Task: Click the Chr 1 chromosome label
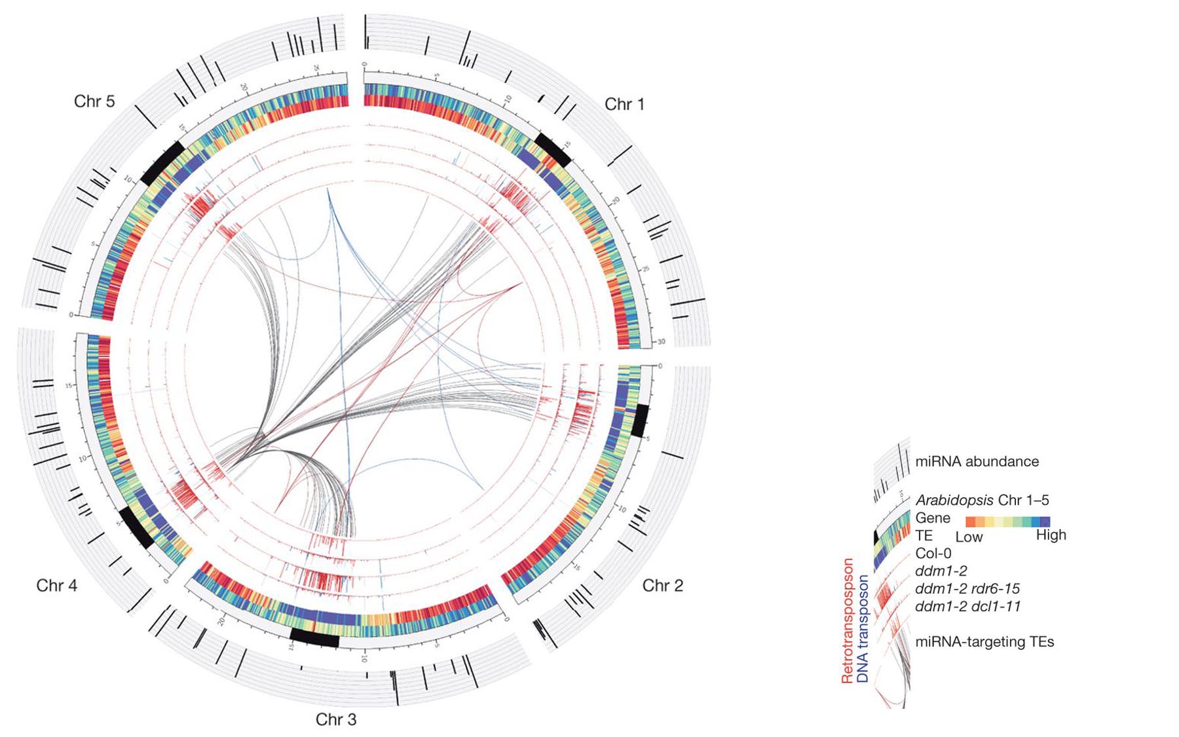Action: [x=624, y=104]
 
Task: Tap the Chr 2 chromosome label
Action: [x=662, y=585]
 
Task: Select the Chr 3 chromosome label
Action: [x=336, y=719]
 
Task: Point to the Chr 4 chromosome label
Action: [x=57, y=585]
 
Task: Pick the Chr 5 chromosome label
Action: [x=94, y=102]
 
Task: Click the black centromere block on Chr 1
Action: [x=553, y=149]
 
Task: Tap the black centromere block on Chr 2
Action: [x=639, y=421]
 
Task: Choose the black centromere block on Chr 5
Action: [x=162, y=163]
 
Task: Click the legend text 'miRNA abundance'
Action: [x=977, y=461]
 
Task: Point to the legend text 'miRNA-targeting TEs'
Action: [x=984, y=641]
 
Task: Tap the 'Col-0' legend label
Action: [x=933, y=554]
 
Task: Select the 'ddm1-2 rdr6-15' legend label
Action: [x=967, y=588]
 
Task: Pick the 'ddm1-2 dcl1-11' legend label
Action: [x=967, y=606]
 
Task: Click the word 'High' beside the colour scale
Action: [x=1051, y=535]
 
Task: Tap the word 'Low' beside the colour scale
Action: [x=969, y=537]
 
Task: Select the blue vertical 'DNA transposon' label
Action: [x=863, y=629]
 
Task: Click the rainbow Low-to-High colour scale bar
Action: [x=1007, y=521]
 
